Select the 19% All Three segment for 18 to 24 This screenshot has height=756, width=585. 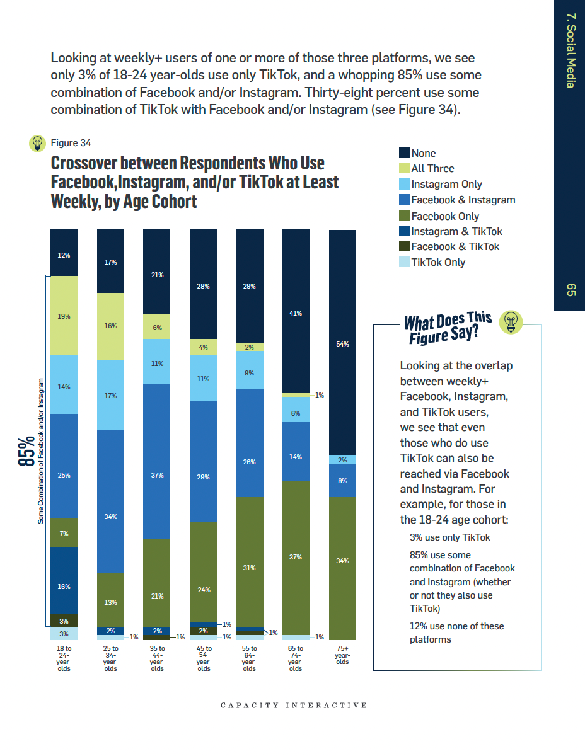click(64, 316)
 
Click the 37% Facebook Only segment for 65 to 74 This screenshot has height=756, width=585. click(296, 558)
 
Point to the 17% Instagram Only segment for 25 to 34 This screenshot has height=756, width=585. click(110, 395)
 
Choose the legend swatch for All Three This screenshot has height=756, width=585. click(405, 168)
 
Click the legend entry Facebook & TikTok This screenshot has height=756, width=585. click(455, 247)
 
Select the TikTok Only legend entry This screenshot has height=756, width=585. click(437, 263)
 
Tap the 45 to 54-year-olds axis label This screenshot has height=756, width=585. click(204, 658)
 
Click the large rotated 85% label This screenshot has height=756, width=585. click(27, 451)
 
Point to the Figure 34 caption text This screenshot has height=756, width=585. click(71, 143)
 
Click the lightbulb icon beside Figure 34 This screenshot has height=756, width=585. click(38, 143)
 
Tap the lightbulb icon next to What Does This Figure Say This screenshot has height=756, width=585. click(511, 322)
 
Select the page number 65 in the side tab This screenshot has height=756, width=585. click(571, 290)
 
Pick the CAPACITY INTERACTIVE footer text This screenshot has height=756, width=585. click(293, 705)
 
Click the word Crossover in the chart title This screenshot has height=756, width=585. click(83, 163)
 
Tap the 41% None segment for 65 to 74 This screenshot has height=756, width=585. click(296, 312)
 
